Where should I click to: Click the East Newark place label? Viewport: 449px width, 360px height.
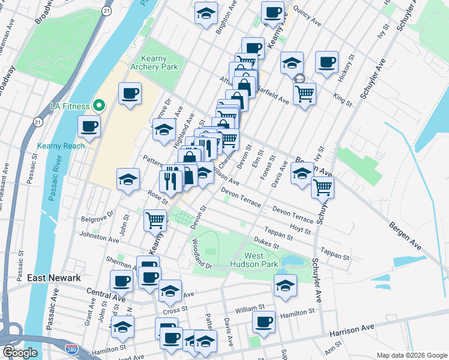[54, 278]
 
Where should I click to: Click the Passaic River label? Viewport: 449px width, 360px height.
[55, 180]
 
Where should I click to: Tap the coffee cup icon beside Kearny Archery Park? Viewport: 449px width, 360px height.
[130, 94]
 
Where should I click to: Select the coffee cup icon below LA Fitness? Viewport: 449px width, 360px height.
[89, 127]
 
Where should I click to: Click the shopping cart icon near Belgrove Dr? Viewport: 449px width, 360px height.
[155, 220]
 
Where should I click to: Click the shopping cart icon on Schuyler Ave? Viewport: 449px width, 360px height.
[322, 187]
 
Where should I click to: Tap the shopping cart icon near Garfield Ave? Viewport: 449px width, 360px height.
[304, 93]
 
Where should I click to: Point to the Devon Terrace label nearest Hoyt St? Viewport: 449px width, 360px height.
[293, 215]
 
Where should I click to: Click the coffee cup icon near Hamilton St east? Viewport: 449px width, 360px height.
[263, 322]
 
